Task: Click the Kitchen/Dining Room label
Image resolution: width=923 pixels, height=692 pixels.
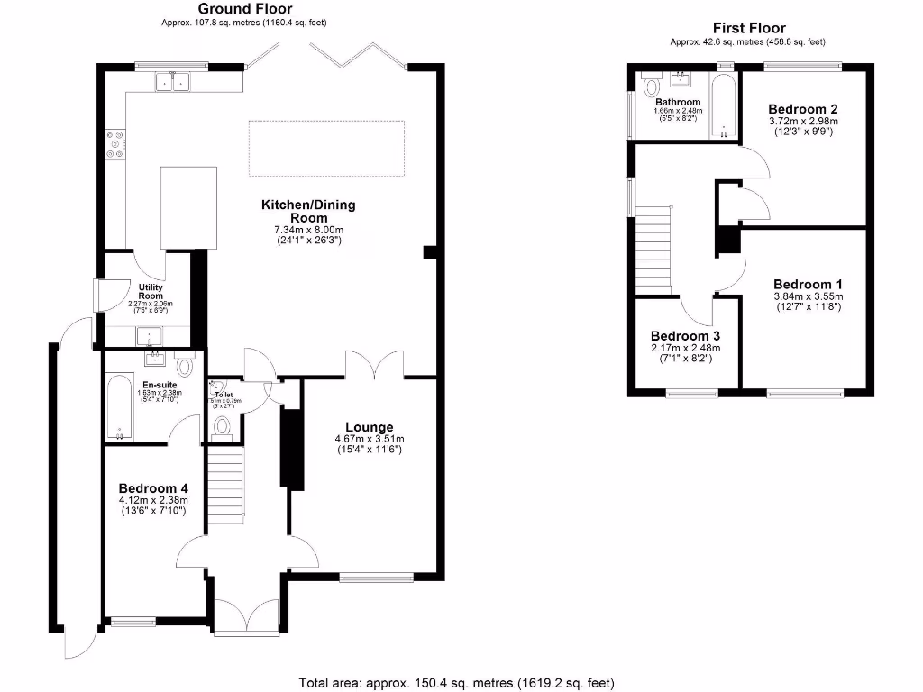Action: click(308, 211)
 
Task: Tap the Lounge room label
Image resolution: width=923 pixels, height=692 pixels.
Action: click(369, 427)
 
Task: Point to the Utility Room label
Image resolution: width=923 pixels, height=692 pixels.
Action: click(151, 291)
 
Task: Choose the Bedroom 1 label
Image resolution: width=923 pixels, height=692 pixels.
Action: click(808, 284)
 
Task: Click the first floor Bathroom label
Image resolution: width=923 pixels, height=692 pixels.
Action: click(678, 103)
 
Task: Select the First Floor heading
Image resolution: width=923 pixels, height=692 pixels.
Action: click(748, 28)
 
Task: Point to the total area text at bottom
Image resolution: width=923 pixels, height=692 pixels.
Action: click(457, 682)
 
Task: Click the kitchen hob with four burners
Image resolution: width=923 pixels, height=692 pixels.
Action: click(115, 144)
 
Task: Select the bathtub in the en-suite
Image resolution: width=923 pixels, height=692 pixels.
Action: click(117, 408)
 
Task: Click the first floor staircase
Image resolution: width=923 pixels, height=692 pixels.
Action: click(654, 248)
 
